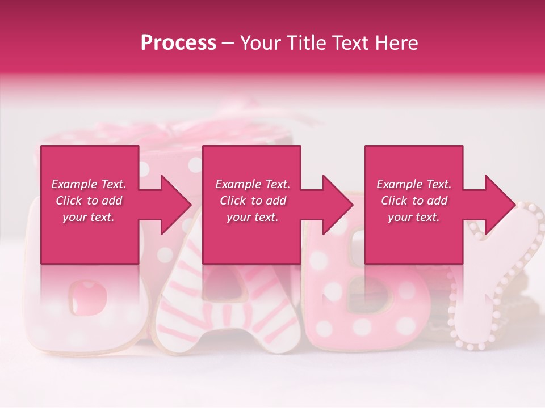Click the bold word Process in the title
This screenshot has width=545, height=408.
pos(178,43)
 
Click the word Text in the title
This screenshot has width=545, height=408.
pos(350,43)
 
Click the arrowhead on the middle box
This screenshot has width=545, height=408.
pos(337,205)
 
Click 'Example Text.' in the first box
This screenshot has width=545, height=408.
pos(89,184)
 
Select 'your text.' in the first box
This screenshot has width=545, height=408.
pos(89,217)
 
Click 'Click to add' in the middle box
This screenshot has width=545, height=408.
pos(252,201)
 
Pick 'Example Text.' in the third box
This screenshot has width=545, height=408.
pos(414,184)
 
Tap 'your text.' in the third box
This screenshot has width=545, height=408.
pos(414,217)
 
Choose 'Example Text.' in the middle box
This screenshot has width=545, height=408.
pos(252,184)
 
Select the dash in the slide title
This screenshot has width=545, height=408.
pos(228,44)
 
